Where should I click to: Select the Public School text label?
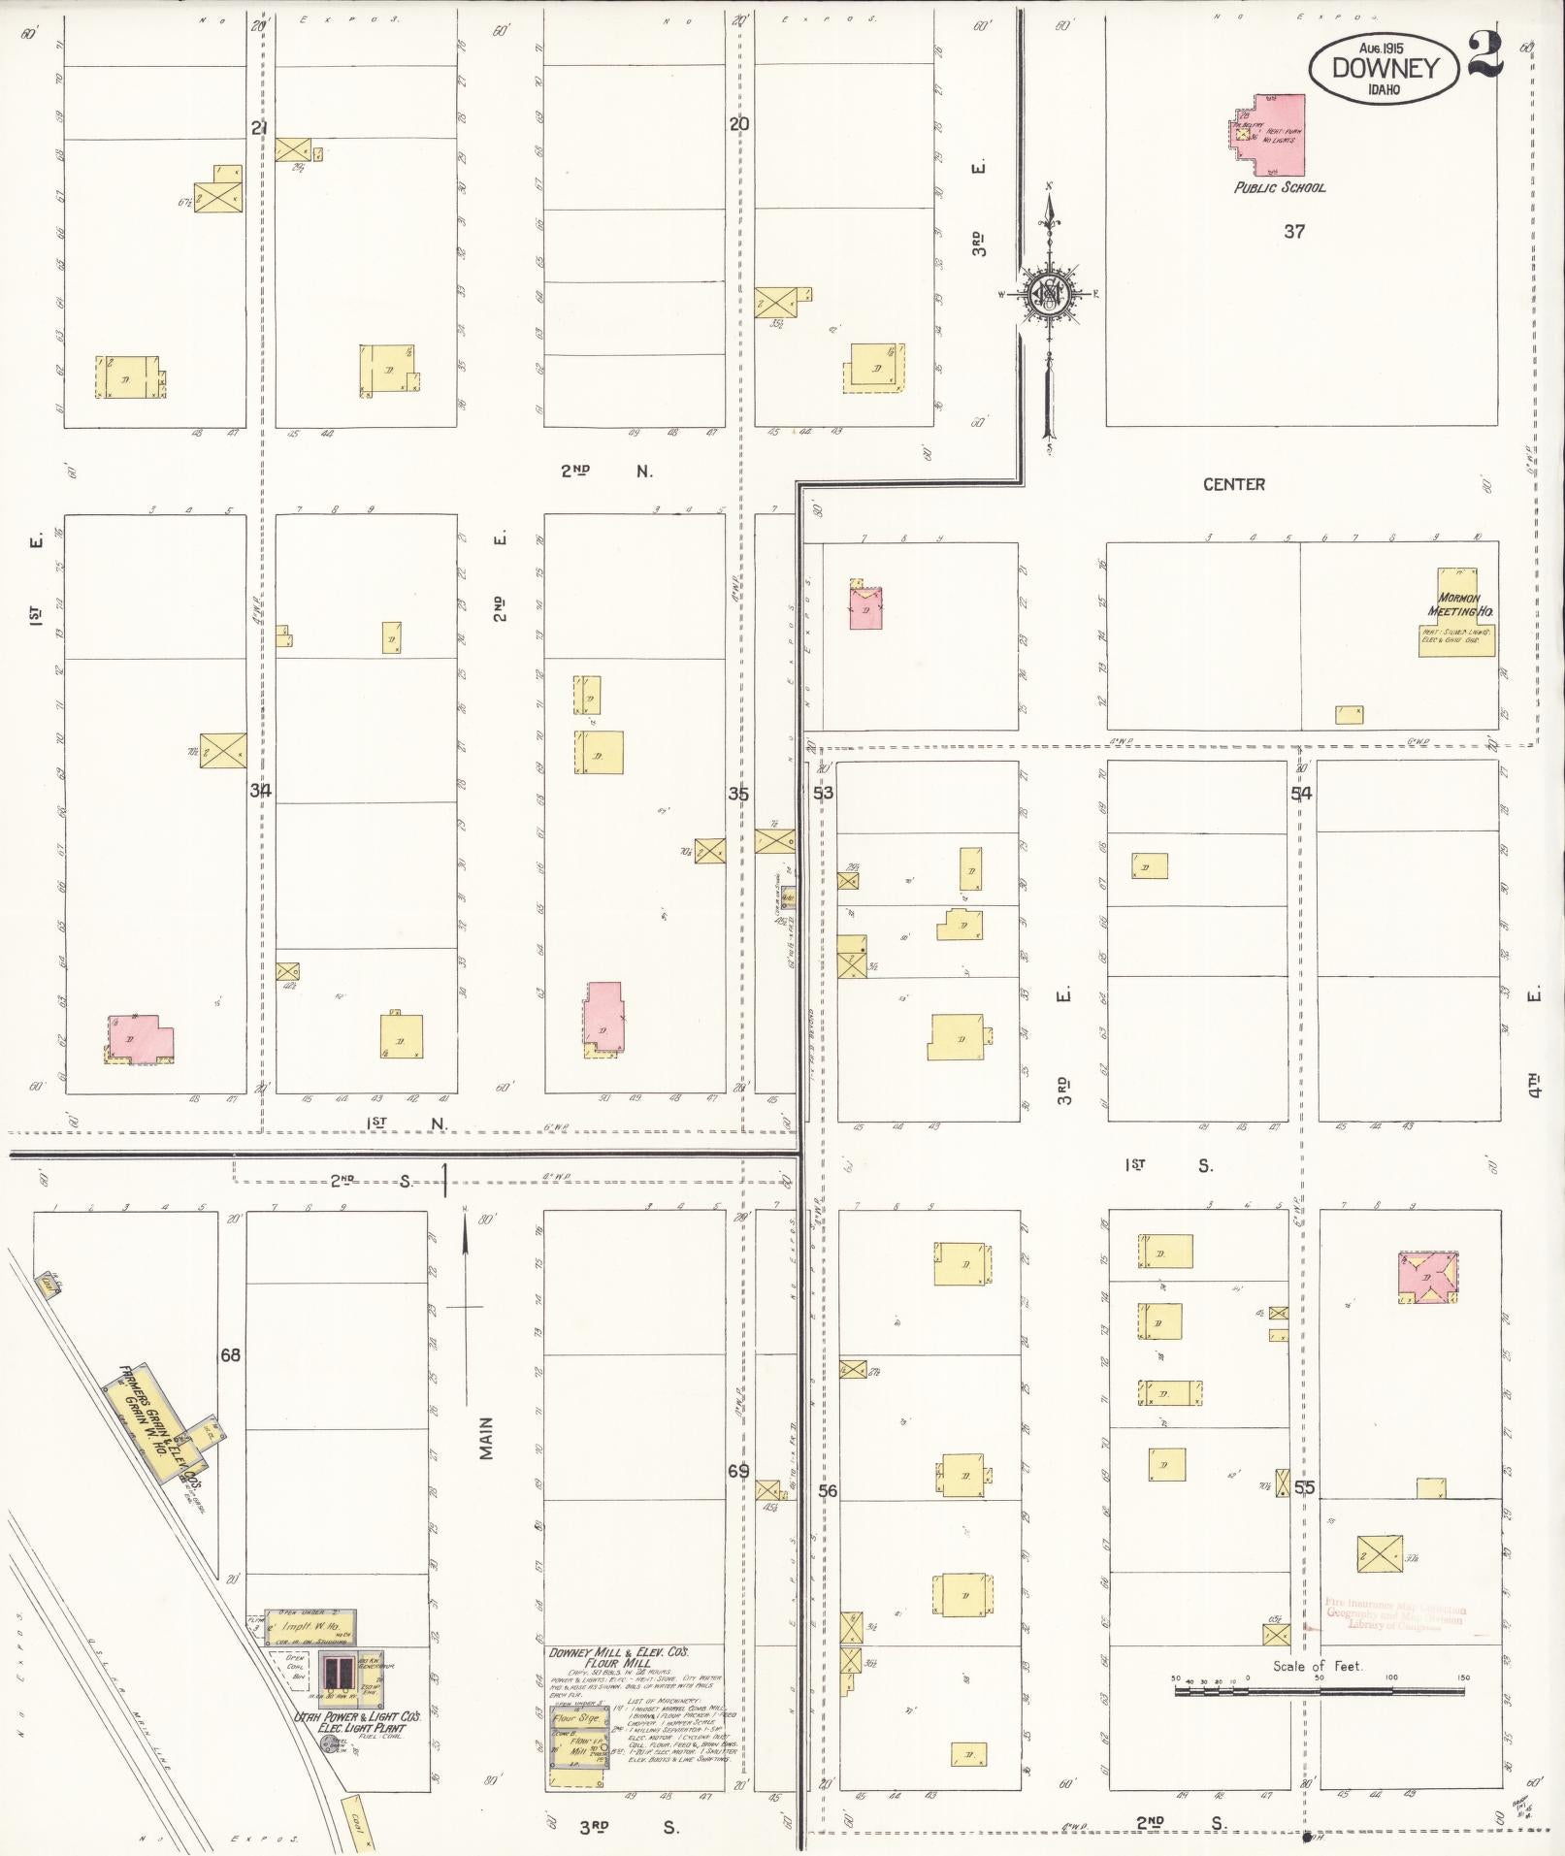pyautogui.click(x=1279, y=187)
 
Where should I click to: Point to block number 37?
pyautogui.click(x=1294, y=231)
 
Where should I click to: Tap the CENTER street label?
pyautogui.click(x=1233, y=484)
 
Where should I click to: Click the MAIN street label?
pyautogui.click(x=486, y=1438)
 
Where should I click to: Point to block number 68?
pyautogui.click(x=230, y=1354)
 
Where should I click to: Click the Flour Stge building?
pyautogui.click(x=575, y=1718)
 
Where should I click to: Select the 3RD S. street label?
pyautogui.click(x=629, y=1827)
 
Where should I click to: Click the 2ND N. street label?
pyautogui.click(x=605, y=472)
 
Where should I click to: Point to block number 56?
pyautogui.click(x=827, y=1491)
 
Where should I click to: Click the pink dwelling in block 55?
pyautogui.click(x=1427, y=1278)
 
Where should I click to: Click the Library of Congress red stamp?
pyautogui.click(x=1394, y=1615)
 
